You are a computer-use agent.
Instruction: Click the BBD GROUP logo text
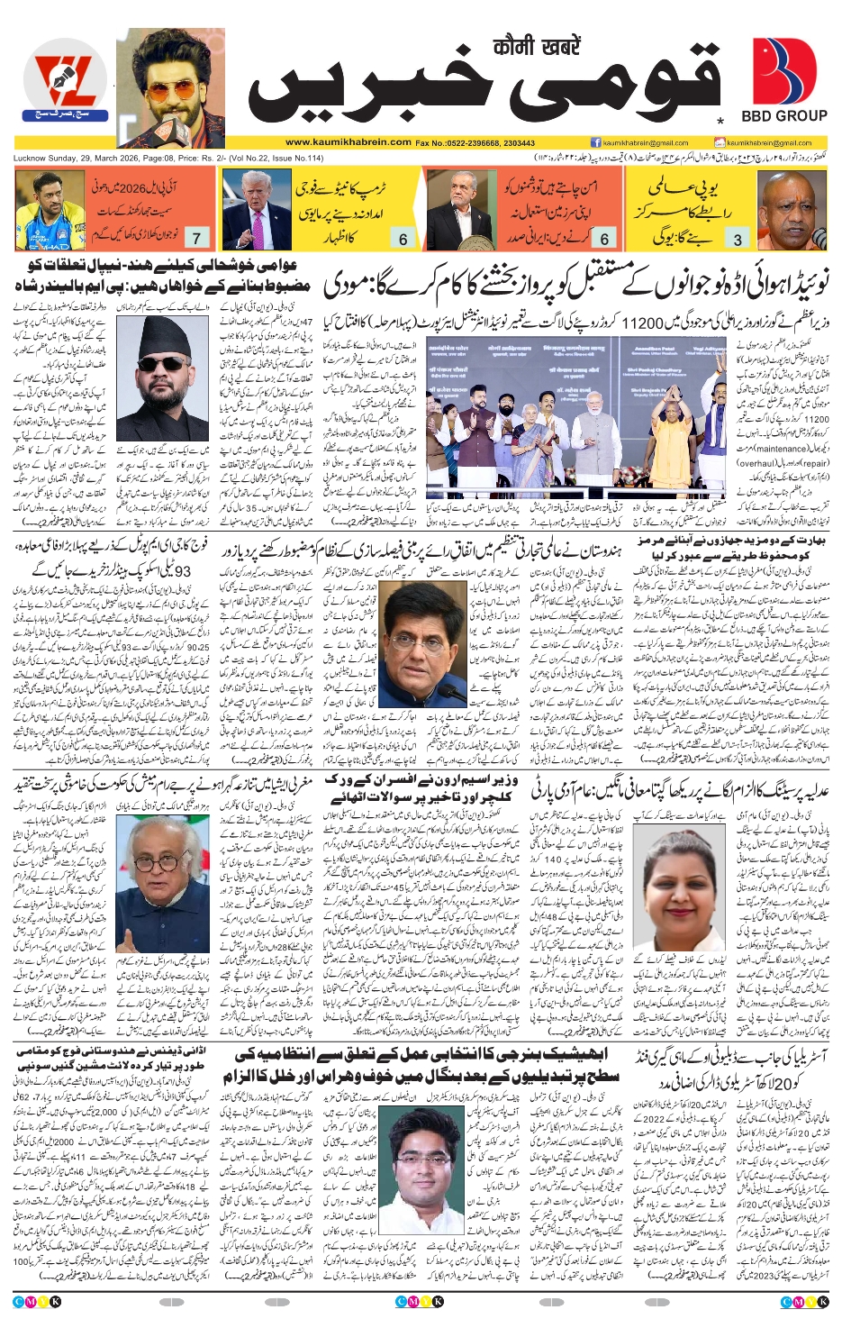783,116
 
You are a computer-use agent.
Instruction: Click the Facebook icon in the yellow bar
596,142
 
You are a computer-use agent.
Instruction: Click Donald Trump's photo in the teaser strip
257,210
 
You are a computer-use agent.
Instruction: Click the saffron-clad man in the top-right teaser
793,210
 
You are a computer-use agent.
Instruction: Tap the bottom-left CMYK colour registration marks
37,1301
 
